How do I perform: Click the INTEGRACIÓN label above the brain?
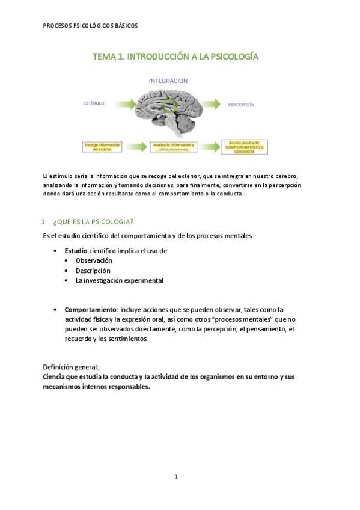pos(168,81)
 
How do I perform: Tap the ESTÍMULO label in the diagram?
pos(93,103)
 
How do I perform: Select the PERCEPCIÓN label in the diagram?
pos(241,105)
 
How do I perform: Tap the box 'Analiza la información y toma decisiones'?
pos(174,147)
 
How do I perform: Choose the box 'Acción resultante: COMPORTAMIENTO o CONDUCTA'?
pos(244,147)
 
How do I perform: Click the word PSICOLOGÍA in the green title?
pos(228,57)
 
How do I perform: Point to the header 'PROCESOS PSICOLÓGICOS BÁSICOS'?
pos(90,26)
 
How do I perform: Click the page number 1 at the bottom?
pos(176,476)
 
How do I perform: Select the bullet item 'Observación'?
pos(94,260)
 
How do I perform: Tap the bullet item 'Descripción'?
pos(93,271)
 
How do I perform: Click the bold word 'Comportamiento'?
pos(90,309)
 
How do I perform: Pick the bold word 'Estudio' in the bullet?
pos(76,250)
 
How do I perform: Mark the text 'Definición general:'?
pos(70,367)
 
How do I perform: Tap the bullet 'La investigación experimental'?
pos(119,280)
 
